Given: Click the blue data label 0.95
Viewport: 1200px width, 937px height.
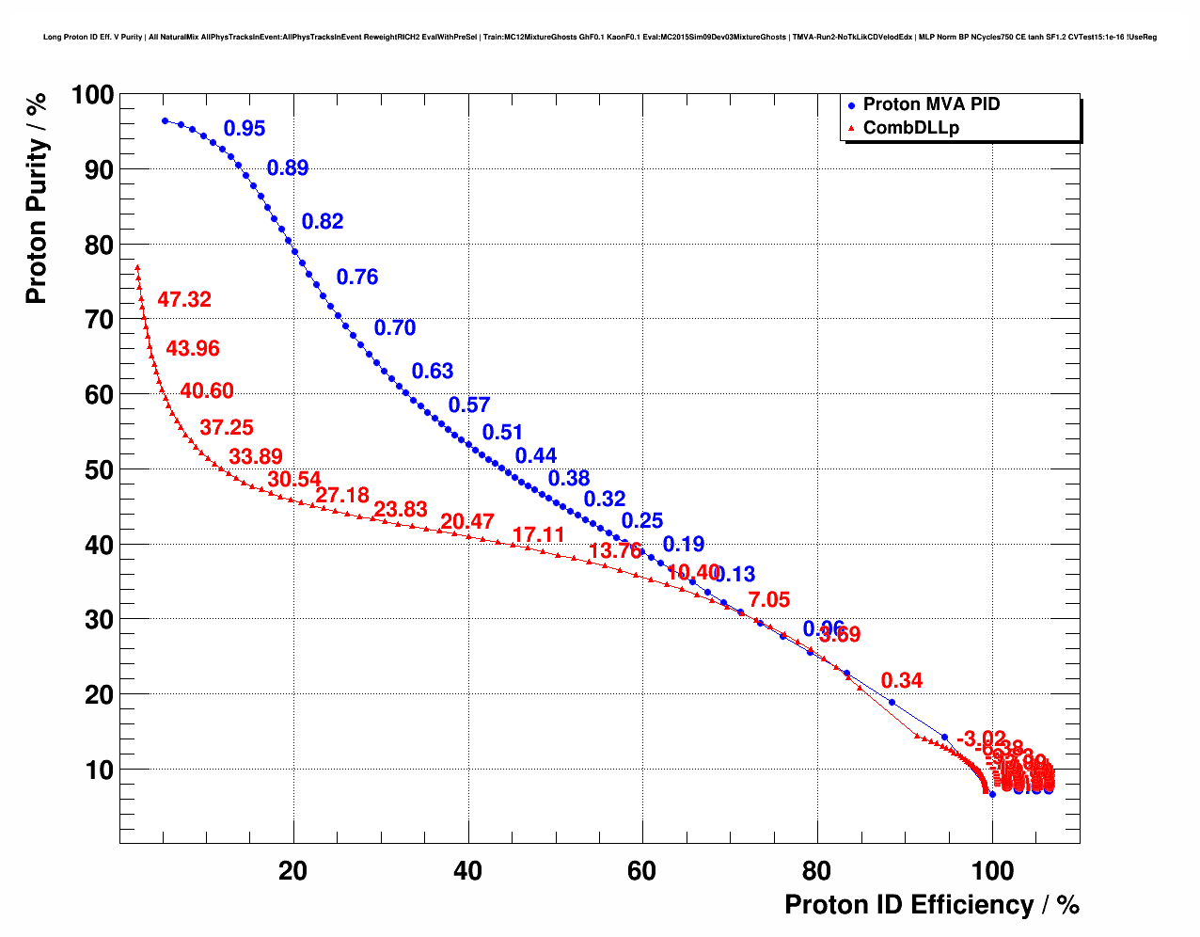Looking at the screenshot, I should pyautogui.click(x=245, y=129).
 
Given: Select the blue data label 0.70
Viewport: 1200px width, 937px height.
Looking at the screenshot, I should pyautogui.click(x=395, y=328).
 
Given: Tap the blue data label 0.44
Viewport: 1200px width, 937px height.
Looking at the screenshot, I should pyautogui.click(x=536, y=456).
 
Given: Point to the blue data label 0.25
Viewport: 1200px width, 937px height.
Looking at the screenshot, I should pyautogui.click(x=642, y=521).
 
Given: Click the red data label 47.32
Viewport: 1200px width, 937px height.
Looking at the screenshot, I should pyautogui.click(x=184, y=300).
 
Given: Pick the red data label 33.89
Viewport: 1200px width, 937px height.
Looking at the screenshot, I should pyautogui.click(x=256, y=458).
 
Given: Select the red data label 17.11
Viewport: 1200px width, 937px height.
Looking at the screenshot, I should pyautogui.click(x=539, y=535).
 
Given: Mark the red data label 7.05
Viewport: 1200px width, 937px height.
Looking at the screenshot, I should pyautogui.click(x=769, y=600).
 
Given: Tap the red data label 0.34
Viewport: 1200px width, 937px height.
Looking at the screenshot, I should pyautogui.click(x=902, y=681).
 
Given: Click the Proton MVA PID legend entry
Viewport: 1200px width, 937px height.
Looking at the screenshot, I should pyautogui.click(x=931, y=105).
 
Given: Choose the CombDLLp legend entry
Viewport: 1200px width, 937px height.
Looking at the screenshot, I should pyautogui.click(x=910, y=128).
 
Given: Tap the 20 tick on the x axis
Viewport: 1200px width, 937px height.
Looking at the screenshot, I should pyautogui.click(x=293, y=872).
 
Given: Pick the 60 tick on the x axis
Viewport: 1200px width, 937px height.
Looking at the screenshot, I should pyautogui.click(x=642, y=872).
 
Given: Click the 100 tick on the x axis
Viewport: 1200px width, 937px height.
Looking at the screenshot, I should pyautogui.click(x=992, y=872).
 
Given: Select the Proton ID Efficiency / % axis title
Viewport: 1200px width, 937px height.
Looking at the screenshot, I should pyautogui.click(x=932, y=905).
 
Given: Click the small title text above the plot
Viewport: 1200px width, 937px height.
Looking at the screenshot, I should pyautogui.click(x=600, y=37).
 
